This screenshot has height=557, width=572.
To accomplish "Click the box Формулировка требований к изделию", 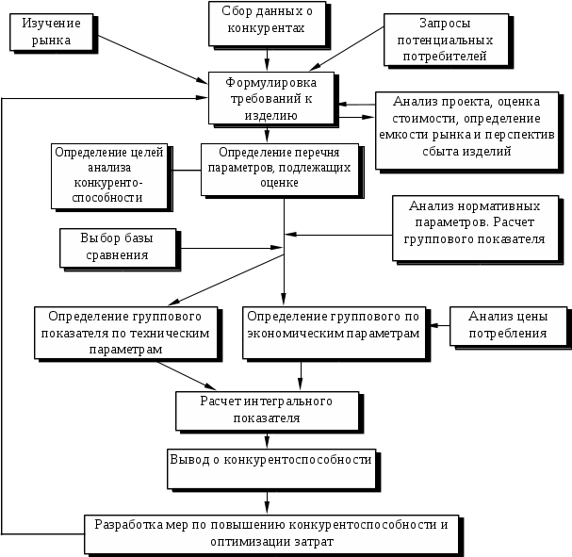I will (273, 98).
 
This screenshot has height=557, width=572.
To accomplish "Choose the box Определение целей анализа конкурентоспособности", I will (109, 174).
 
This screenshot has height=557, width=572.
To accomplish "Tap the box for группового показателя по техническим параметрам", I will (128, 333).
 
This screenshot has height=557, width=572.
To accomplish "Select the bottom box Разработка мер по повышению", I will (272, 532).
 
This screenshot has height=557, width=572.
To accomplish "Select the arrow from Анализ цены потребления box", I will (439, 326).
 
